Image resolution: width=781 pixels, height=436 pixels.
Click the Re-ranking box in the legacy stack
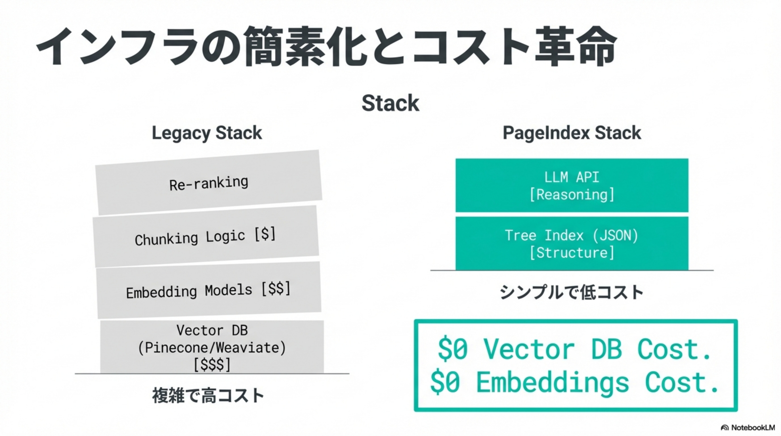coord(209,183)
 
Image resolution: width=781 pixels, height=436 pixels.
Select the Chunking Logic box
coord(206,236)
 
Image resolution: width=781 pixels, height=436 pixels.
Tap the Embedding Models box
coord(209,290)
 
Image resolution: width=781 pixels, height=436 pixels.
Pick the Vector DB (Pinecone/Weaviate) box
coord(212,347)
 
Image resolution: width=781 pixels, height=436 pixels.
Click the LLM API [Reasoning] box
coord(572,185)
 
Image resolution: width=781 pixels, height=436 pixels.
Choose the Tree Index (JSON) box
coord(572,243)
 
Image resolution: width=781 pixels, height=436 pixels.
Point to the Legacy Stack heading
coord(207,133)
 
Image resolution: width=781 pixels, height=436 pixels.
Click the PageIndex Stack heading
coord(572,133)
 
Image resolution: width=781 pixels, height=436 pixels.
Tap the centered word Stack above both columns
coord(390,103)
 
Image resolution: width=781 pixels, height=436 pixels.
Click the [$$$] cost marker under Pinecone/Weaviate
coord(212,364)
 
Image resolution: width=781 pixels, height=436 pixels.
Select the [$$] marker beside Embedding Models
coord(276,288)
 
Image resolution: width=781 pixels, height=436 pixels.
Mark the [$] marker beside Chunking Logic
coord(265,234)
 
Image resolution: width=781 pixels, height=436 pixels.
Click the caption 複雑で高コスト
coord(208,395)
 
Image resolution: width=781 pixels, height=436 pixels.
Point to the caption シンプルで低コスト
coord(572,292)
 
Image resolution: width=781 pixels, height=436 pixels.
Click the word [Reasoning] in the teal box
coord(572,194)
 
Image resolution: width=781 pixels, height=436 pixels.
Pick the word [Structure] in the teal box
coord(572,253)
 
